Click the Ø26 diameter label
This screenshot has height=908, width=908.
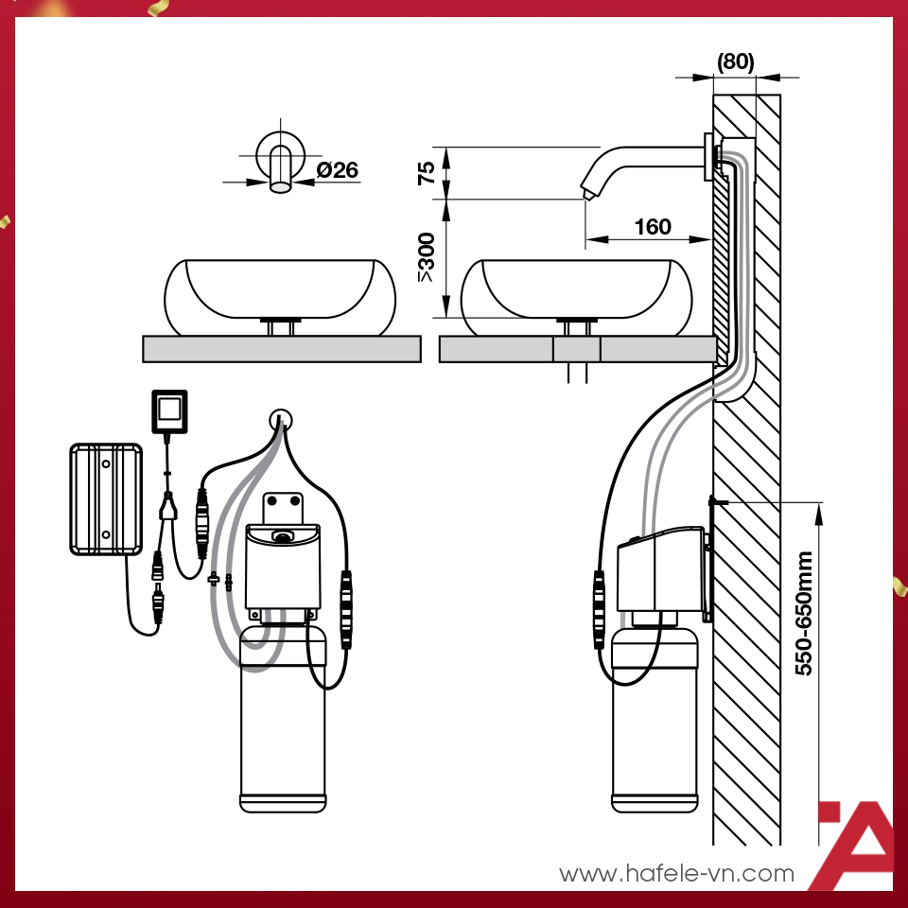[x=337, y=169]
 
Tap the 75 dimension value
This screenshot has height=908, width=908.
[x=427, y=173]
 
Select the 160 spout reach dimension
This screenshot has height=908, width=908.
[x=653, y=226]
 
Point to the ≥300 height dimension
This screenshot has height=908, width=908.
[x=427, y=257]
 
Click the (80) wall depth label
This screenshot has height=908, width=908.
[x=736, y=61]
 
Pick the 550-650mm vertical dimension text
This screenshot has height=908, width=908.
[x=804, y=613]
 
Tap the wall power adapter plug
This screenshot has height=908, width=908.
[x=169, y=411]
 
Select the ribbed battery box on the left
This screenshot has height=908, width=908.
[x=106, y=499]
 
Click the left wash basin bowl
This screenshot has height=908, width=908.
[x=280, y=297]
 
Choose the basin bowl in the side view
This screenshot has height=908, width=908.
[x=576, y=297]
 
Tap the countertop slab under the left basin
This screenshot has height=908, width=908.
[x=282, y=349]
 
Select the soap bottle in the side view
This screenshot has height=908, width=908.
[x=655, y=720]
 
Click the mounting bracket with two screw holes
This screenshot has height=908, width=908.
[x=283, y=508]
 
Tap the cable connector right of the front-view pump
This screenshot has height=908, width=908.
[x=346, y=609]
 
